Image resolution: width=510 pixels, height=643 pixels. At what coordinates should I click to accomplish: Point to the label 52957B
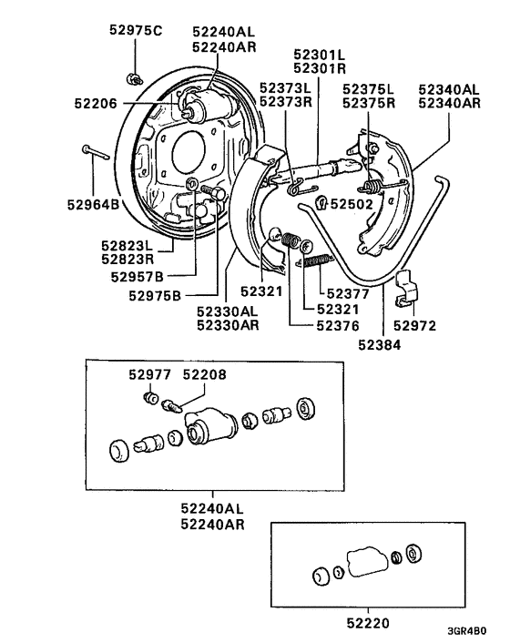[x=138, y=276]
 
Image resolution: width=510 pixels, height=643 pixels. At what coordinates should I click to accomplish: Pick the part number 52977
[x=148, y=373]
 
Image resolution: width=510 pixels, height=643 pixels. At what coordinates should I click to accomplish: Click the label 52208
[x=204, y=373]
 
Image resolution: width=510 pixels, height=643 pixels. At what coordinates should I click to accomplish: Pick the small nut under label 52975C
[x=133, y=76]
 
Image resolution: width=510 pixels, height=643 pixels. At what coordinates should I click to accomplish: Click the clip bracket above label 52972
[x=406, y=289]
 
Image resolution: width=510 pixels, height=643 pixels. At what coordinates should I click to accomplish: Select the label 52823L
[x=126, y=245]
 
